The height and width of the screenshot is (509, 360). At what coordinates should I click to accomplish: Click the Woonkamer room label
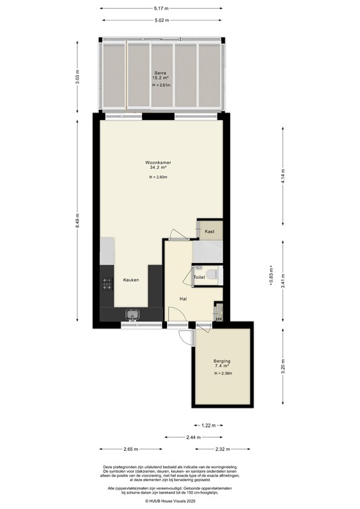point(159,162)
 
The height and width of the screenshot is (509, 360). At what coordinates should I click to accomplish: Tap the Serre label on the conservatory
point(160,72)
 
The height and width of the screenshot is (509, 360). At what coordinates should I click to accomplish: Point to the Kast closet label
point(210,231)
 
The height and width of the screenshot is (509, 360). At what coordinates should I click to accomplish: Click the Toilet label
point(199,277)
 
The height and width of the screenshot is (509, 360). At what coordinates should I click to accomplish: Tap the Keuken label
point(131,280)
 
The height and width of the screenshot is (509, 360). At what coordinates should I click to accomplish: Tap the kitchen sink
point(132,314)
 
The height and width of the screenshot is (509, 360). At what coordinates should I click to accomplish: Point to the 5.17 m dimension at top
point(159,9)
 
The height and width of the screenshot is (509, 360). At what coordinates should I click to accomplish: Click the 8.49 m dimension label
point(78,222)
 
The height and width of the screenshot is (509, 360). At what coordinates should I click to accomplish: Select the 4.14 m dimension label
point(284,177)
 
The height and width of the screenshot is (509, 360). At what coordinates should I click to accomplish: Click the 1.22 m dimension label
point(207,425)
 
